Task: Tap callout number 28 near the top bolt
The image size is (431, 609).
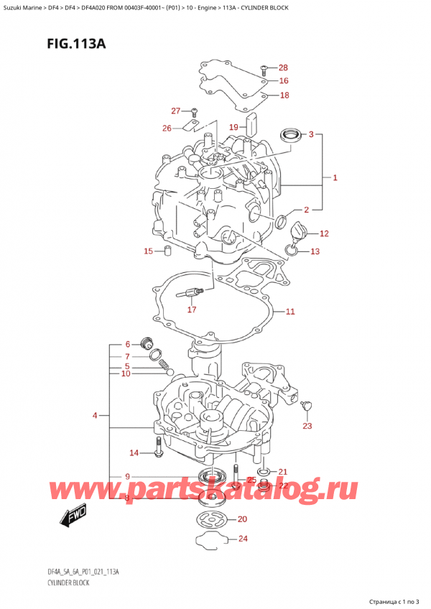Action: click(283, 68)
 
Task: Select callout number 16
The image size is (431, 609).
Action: click(283, 81)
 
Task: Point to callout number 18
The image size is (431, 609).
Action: click(284, 96)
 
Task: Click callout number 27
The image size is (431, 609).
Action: click(176, 111)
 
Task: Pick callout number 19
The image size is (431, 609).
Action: click(233, 127)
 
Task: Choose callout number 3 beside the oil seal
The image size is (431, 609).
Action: click(311, 134)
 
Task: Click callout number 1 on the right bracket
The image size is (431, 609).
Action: click(335, 177)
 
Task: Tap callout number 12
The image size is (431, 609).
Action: click(324, 233)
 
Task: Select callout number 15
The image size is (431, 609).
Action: click(149, 251)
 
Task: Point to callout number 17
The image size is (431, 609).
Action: click(191, 310)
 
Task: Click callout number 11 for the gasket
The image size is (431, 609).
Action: click(290, 312)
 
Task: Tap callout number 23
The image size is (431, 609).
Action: click(307, 427)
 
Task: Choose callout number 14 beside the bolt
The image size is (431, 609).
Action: click(134, 452)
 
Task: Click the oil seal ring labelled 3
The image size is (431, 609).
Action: click(290, 134)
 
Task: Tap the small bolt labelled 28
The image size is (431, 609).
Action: click(264, 68)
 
